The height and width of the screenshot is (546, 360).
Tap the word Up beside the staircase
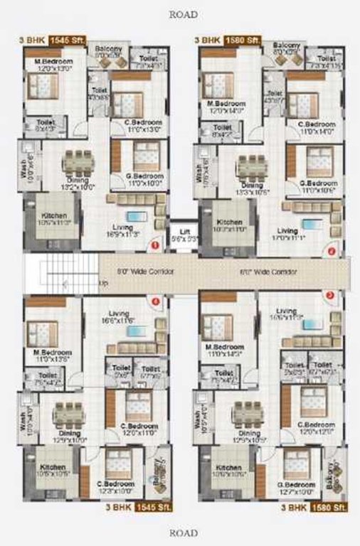click(104, 283)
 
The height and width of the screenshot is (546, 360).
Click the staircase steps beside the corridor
click(61, 273)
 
